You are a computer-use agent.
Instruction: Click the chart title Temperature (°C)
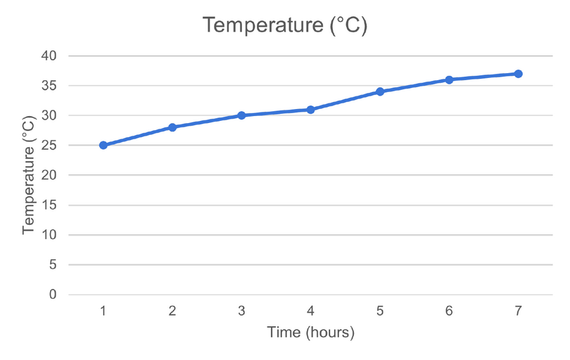click(x=285, y=25)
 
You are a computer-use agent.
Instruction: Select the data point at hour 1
click(x=103, y=146)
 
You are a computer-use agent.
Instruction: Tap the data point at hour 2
click(x=172, y=127)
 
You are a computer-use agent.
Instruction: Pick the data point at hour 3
click(x=241, y=115)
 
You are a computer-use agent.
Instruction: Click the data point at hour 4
click(x=310, y=110)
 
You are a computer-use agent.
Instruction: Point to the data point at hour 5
click(x=380, y=91)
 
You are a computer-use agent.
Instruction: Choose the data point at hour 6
click(x=449, y=79)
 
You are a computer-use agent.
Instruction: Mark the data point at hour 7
click(x=518, y=74)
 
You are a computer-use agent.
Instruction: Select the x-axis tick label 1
click(x=103, y=310)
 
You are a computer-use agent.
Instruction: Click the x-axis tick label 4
click(x=310, y=310)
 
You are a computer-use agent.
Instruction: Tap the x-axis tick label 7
click(x=518, y=310)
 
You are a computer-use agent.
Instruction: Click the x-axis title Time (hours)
click(x=310, y=332)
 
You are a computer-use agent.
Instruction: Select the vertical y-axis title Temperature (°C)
click(x=28, y=175)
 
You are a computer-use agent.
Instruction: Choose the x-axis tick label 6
click(x=449, y=310)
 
